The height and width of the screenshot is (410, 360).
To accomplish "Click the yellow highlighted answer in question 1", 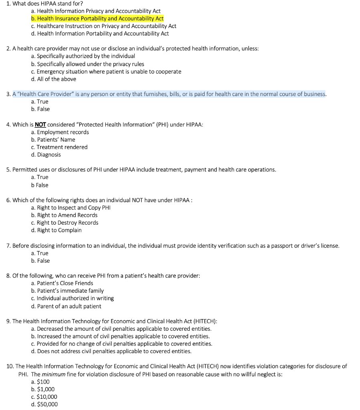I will tap(97, 18).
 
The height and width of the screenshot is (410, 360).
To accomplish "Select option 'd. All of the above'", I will tap(53, 79).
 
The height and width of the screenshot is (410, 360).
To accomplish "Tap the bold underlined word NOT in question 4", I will tap(40, 125).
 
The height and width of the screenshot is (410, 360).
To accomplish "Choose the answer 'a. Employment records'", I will tap(60, 132).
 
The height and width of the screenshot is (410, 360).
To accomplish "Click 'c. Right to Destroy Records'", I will tap(64, 223).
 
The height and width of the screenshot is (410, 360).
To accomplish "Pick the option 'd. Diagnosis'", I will tap(46, 155).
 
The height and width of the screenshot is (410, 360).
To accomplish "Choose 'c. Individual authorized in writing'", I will tap(72, 298).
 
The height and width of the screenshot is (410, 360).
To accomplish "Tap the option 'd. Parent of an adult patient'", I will tap(66, 306).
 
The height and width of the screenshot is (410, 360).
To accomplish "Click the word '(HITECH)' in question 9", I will tap(205, 321).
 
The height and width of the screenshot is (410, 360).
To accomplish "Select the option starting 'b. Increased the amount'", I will tap(120, 336).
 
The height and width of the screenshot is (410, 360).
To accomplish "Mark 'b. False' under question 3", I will tap(40, 109).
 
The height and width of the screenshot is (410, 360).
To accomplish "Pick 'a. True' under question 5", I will tap(39, 177).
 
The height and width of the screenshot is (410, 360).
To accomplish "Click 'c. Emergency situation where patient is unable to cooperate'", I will tap(106, 71).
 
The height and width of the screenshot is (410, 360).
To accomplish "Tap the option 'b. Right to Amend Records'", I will tap(64, 215).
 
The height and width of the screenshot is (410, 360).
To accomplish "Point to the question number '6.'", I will tap(8, 200).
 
